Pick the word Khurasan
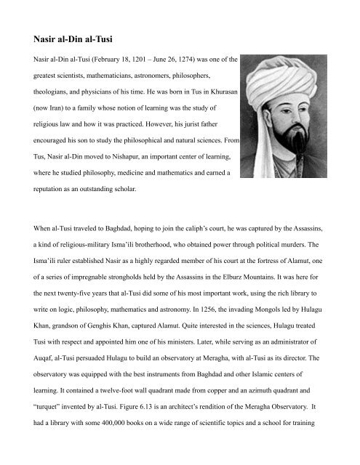(x=213, y=93)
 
